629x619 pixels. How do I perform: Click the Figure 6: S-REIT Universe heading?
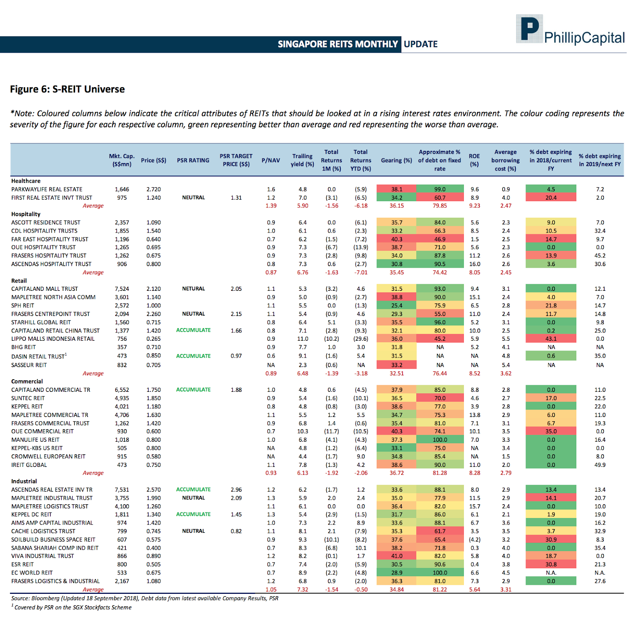point(67,89)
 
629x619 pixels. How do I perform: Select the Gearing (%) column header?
point(396,160)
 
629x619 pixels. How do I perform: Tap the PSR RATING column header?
point(193,160)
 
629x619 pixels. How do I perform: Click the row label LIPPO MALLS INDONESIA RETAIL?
point(53,339)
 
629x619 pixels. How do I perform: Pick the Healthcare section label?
point(26,181)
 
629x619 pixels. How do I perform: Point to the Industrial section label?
point(24,481)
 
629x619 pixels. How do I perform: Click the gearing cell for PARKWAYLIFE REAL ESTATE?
point(396,189)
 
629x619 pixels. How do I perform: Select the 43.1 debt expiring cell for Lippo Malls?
point(551,339)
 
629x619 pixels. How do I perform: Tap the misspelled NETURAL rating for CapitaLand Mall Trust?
point(193,288)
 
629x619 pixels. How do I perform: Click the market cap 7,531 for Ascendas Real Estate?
point(122,490)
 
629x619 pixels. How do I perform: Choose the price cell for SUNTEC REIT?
point(154,398)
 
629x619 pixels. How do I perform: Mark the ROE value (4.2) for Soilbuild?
point(475,540)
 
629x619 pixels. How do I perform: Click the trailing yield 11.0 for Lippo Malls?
point(302,339)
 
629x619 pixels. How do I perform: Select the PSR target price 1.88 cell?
point(236,390)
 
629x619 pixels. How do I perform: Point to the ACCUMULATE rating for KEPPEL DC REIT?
point(193,514)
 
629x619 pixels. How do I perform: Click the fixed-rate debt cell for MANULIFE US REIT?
point(440,440)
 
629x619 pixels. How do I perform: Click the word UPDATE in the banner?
point(421,44)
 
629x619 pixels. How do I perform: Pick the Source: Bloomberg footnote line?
point(145,598)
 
